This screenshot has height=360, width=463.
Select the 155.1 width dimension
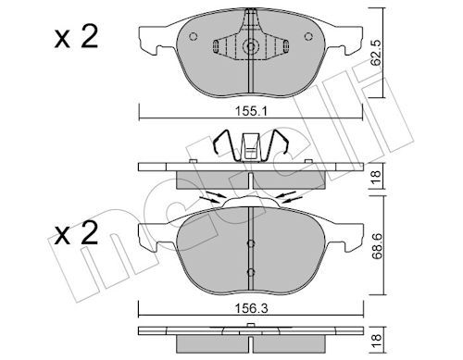pos(250,108)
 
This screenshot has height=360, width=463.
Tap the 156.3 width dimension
pos(250,300)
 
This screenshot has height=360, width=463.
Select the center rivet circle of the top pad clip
pos(251,48)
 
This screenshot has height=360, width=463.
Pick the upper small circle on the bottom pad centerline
pos(250,243)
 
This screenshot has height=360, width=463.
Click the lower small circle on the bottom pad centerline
pos(250,270)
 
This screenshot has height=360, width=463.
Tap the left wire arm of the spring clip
pos(220,146)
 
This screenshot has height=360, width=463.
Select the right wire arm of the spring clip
pos(282,146)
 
